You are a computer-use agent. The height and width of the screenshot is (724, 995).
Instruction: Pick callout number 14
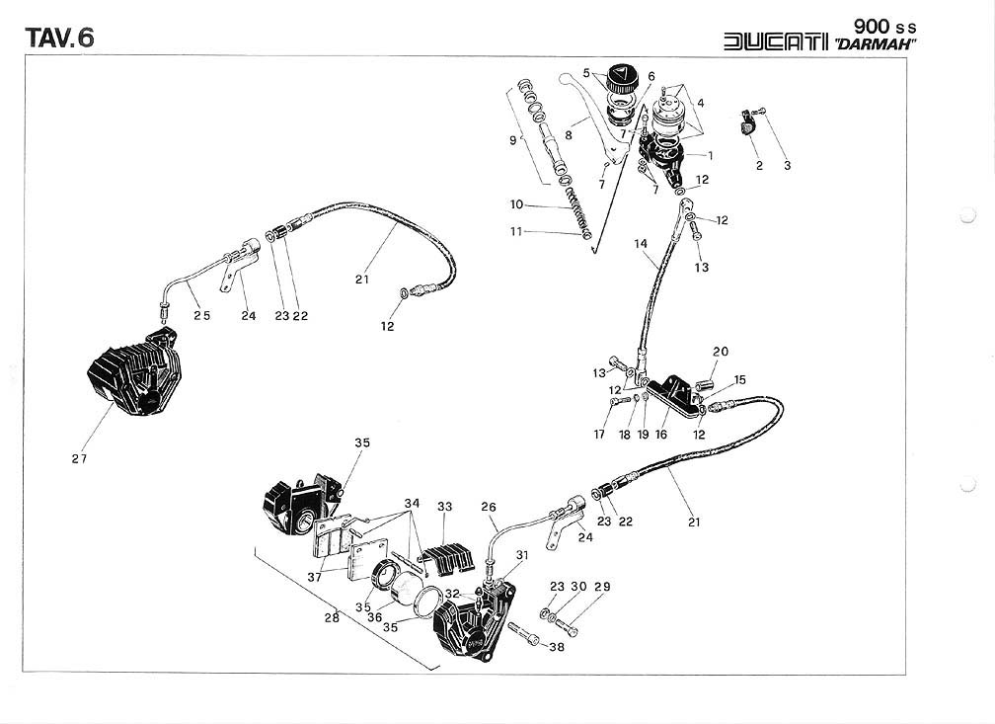point(641,243)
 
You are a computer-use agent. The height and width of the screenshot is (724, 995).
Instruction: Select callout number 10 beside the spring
point(517,205)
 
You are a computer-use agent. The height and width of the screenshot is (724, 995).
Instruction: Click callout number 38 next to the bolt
point(558,648)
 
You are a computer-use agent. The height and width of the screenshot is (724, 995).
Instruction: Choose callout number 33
point(445,507)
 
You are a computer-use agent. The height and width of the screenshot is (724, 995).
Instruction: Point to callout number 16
point(661,433)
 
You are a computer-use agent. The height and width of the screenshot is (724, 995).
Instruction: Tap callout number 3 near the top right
point(788,166)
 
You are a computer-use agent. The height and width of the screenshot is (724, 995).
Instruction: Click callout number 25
point(201,316)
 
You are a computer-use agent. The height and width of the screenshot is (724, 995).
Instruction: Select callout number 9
point(512,141)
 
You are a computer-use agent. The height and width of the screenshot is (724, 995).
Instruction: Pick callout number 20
point(721,352)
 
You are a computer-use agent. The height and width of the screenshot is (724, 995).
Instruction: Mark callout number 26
point(488,508)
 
